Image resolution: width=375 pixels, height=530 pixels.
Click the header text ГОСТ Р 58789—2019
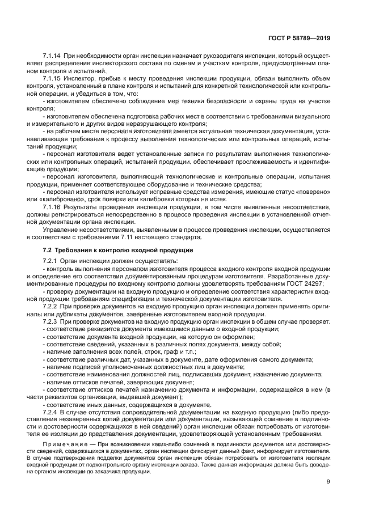coord(299,38)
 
